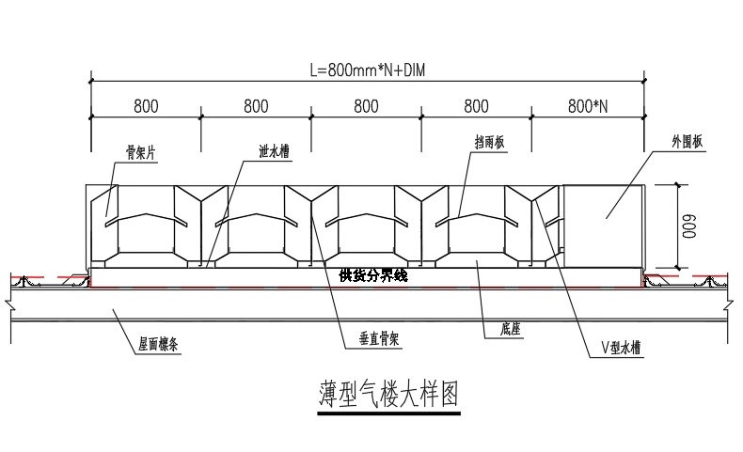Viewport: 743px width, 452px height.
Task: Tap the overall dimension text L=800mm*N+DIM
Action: click(368, 70)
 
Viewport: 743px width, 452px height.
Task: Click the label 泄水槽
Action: click(274, 150)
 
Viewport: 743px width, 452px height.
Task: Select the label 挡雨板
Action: click(491, 142)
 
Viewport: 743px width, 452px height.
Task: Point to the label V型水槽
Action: click(621, 347)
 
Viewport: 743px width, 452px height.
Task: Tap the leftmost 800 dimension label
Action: click(145, 105)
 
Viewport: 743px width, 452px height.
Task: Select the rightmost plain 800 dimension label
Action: click(478, 105)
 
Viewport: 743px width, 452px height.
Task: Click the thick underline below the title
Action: click(387, 411)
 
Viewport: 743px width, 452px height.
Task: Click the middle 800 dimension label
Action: click(367, 105)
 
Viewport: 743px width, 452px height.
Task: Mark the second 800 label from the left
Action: click(256, 105)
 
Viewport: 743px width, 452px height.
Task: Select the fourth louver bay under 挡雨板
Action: click(477, 226)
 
